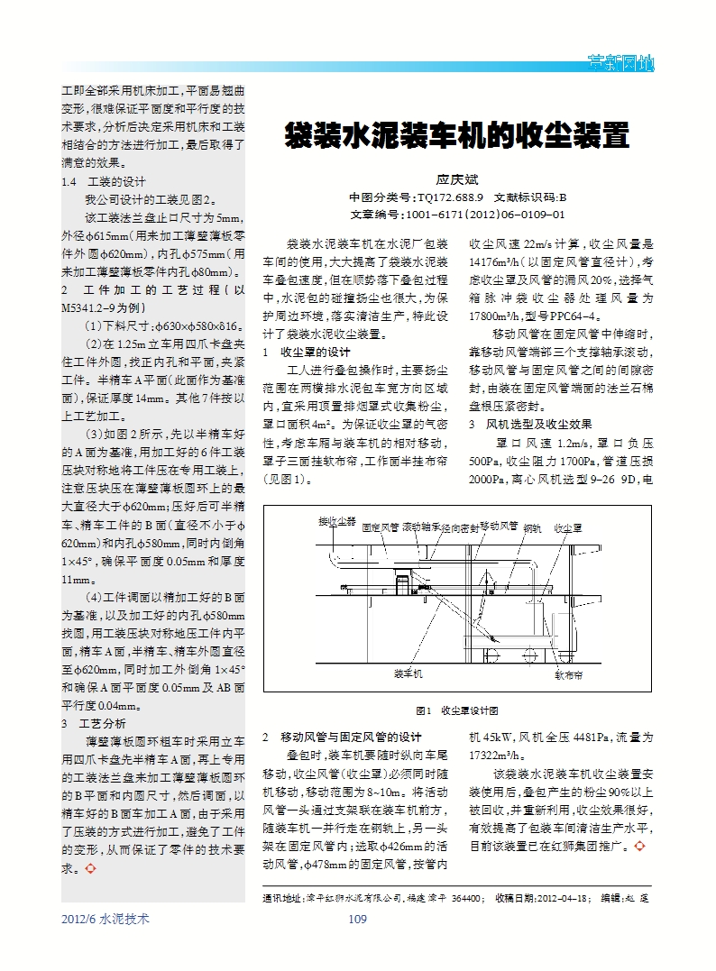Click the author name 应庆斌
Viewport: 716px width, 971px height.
click(x=456, y=180)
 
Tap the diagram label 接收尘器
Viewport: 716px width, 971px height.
click(x=336, y=521)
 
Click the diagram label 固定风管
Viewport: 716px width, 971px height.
click(x=380, y=526)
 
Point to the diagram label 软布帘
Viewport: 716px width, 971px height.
click(x=568, y=673)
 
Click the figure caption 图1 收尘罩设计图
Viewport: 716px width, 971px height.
click(x=455, y=710)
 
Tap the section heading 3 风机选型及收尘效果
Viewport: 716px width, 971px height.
click(x=528, y=424)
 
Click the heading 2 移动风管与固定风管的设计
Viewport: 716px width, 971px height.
click(x=342, y=737)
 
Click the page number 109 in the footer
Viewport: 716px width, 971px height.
click(x=357, y=919)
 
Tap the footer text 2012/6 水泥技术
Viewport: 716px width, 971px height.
click(x=105, y=919)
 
